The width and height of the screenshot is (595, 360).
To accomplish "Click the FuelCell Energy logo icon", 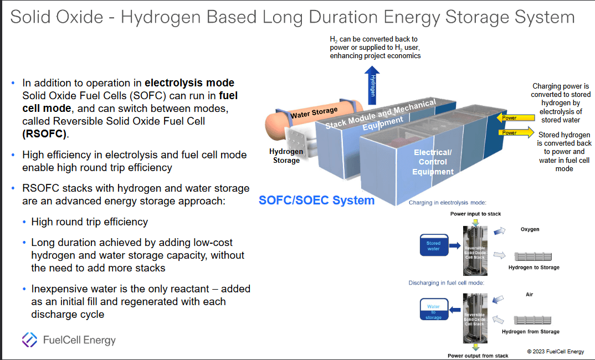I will [x=29, y=339].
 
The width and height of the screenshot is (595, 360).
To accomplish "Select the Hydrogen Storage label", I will [x=286, y=156].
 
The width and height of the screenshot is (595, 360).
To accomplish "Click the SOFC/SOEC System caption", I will [x=316, y=200].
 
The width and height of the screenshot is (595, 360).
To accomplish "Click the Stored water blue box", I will [x=433, y=246].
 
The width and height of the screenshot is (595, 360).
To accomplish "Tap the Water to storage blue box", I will [x=433, y=312].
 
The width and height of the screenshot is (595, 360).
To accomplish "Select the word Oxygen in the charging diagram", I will [x=530, y=229].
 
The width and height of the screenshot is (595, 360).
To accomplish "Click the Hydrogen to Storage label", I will [x=534, y=268].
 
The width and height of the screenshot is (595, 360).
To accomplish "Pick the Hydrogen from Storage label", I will [x=530, y=332].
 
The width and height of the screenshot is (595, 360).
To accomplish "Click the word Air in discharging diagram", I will [x=529, y=295].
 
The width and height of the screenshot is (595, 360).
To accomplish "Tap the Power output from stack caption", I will [x=478, y=356].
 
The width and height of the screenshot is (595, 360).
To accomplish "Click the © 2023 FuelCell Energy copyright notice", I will [x=555, y=351].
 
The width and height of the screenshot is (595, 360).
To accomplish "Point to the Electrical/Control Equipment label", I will [x=433, y=162].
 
